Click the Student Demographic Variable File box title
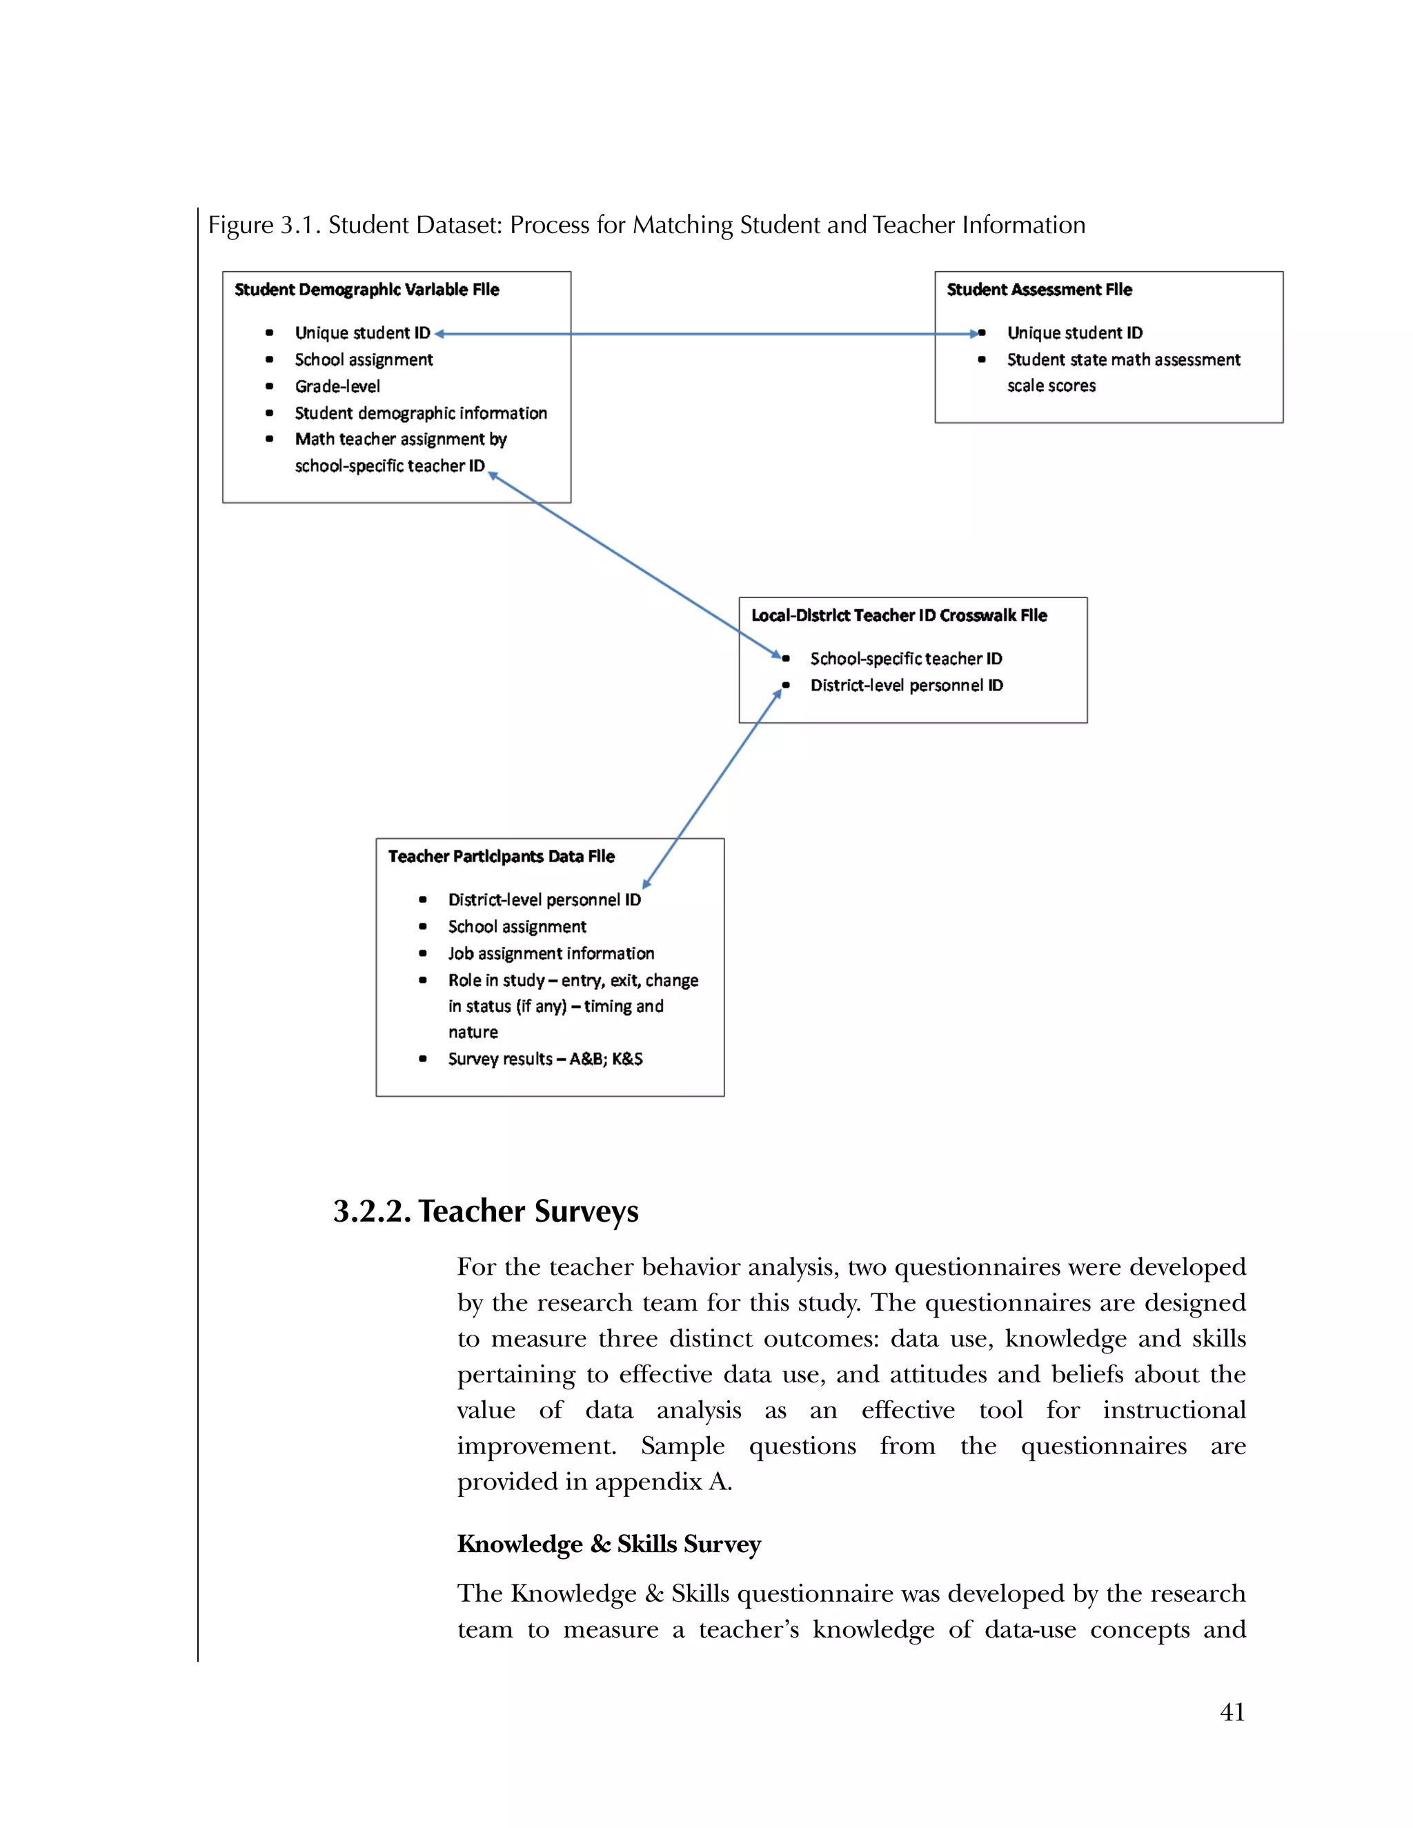tap(366, 290)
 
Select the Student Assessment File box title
tap(1039, 290)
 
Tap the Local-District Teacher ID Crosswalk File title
tap(898, 615)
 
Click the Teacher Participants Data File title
tap(501, 856)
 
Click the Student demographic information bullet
tap(420, 413)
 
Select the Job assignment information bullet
tap(550, 953)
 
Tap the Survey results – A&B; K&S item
tap(545, 1059)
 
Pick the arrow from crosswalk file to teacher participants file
tap(711, 789)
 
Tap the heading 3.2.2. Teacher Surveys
tap(486, 1211)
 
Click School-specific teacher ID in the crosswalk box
tap(905, 659)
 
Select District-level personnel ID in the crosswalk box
tap(906, 686)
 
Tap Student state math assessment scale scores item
tap(1123, 372)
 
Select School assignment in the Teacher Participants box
tap(517, 926)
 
